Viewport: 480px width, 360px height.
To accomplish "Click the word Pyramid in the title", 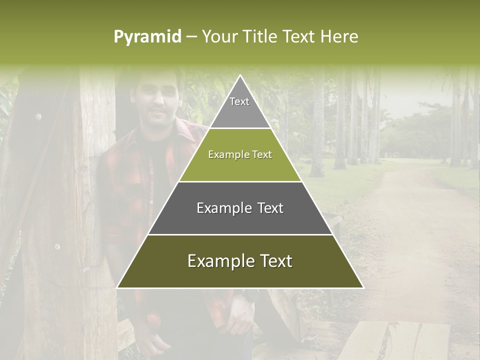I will (147, 37).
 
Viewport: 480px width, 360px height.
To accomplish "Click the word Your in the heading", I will (218, 36).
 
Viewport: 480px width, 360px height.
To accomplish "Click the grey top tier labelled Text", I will (239, 107).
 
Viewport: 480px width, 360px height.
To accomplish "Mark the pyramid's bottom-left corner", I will (118, 287).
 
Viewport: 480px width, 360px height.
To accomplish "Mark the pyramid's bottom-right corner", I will (362, 287).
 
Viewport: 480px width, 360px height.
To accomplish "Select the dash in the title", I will (191, 37).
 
